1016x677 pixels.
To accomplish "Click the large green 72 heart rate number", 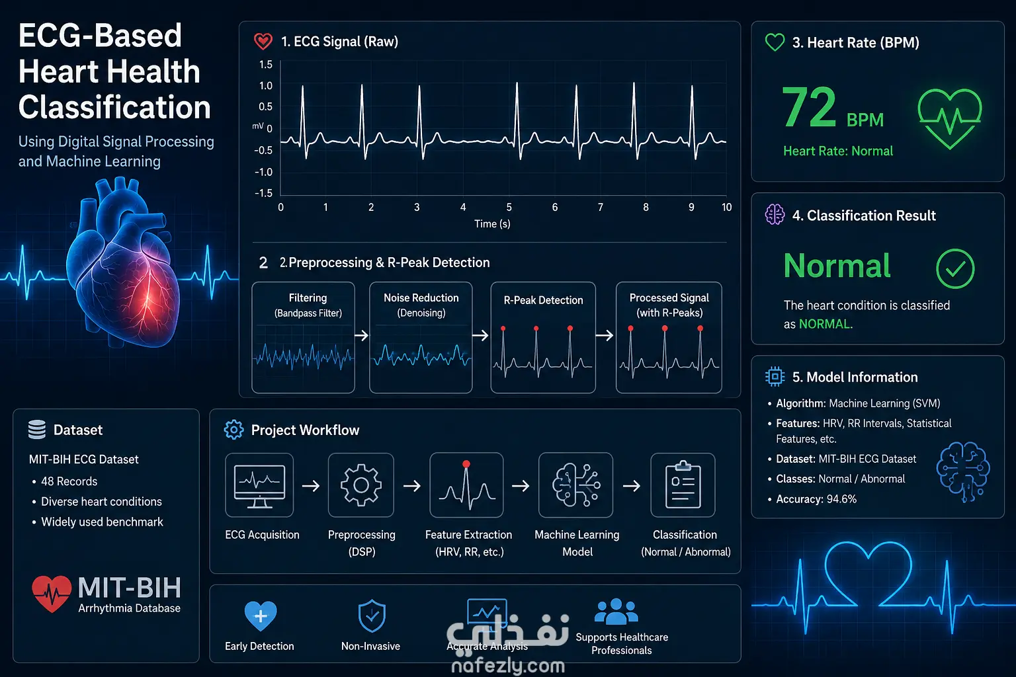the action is pos(809,107).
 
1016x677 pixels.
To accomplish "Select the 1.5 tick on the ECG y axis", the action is pos(266,64).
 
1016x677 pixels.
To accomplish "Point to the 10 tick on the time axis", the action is pos(727,207).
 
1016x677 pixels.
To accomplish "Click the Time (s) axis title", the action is pos(492,223).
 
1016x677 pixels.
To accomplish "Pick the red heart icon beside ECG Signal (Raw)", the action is pos(263,41).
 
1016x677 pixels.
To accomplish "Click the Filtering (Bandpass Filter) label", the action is pos(308,305).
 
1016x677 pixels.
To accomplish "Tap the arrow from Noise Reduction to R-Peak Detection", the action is pos(481,336).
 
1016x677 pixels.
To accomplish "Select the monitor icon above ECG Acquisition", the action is pos(259,485).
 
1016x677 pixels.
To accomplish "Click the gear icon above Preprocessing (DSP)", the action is pos(361,485).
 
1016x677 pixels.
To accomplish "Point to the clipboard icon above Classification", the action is pos(683,485).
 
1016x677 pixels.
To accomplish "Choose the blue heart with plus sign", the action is pos(261,616).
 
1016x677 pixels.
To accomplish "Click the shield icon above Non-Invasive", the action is pos(372,616).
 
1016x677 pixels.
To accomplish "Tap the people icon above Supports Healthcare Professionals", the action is pos(616,612).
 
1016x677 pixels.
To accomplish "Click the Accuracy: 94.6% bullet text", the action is pos(816,499).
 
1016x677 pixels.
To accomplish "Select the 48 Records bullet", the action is pos(69,481).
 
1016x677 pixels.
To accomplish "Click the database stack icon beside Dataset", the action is pos(37,430).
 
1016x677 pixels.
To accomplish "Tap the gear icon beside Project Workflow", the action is pos(233,430).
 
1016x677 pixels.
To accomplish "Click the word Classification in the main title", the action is pos(114,108).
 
